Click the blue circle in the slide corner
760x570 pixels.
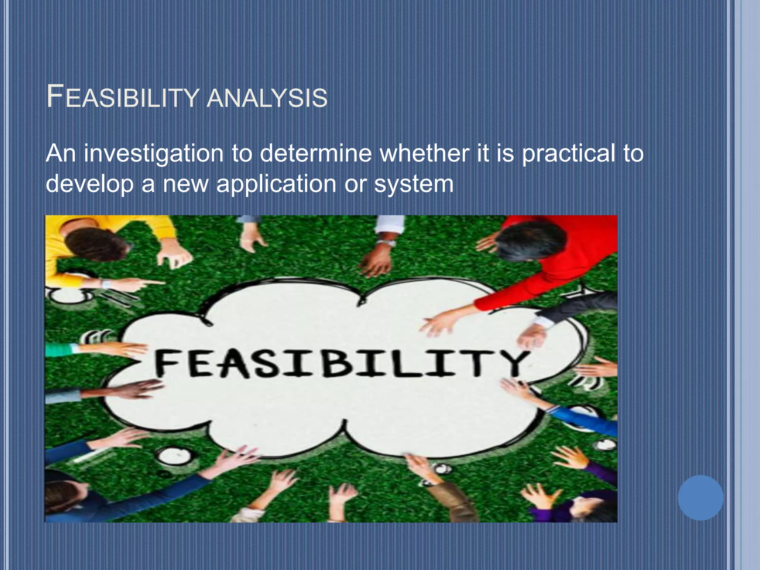tap(700, 498)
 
